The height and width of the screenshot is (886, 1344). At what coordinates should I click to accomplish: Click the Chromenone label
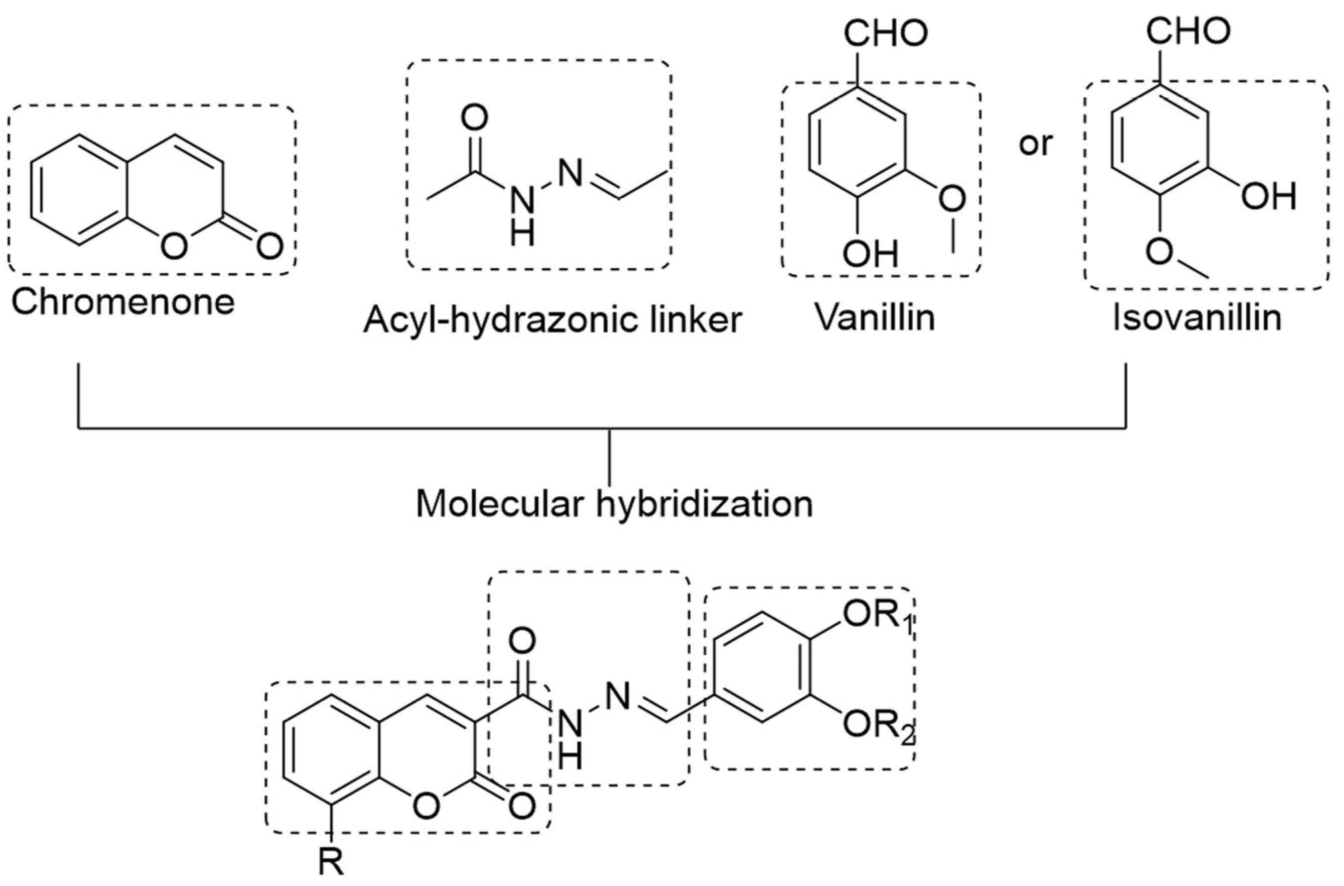[122, 302]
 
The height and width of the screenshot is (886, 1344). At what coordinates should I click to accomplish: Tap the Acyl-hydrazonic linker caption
[552, 320]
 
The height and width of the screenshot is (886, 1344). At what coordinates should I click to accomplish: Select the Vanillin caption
[874, 318]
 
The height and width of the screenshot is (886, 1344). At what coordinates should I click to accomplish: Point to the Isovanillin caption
[1196, 318]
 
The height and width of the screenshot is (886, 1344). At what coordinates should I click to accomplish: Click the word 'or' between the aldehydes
[1035, 144]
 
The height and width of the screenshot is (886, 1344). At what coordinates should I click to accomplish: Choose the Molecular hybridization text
[614, 504]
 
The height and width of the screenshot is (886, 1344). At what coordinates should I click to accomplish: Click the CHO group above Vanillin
[885, 33]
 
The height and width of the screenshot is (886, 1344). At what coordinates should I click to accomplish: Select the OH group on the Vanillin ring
[870, 254]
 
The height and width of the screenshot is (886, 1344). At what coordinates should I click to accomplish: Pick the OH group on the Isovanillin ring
[1268, 197]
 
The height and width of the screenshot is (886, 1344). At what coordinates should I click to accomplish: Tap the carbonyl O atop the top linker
[474, 119]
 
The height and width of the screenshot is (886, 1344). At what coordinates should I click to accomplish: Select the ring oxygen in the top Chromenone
[173, 246]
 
